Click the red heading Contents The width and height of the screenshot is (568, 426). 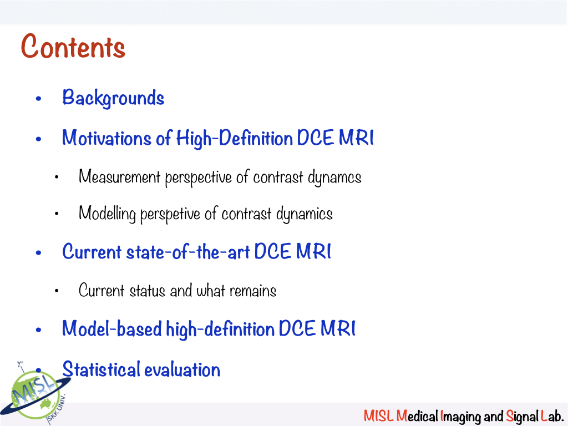pyautogui.click(x=73, y=46)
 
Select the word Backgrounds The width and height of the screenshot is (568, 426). pyautogui.click(x=113, y=98)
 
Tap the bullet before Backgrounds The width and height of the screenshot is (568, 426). pyautogui.click(x=39, y=99)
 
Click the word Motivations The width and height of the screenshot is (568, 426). pyautogui.click(x=106, y=138)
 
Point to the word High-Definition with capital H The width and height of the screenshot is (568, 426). pyautogui.click(x=235, y=139)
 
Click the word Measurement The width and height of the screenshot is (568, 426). pyautogui.click(x=120, y=176)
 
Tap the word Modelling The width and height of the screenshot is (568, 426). pyautogui.click(x=107, y=214)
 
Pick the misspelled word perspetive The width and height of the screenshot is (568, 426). pyautogui.click(x=170, y=214)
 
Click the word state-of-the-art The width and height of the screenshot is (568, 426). pyautogui.click(x=188, y=252)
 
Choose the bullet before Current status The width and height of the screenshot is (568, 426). pyautogui.click(x=57, y=291)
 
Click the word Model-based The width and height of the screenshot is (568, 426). pyautogui.click(x=111, y=328)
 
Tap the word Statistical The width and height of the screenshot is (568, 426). pyautogui.click(x=101, y=369)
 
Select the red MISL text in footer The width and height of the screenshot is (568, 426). pyautogui.click(x=378, y=416)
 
